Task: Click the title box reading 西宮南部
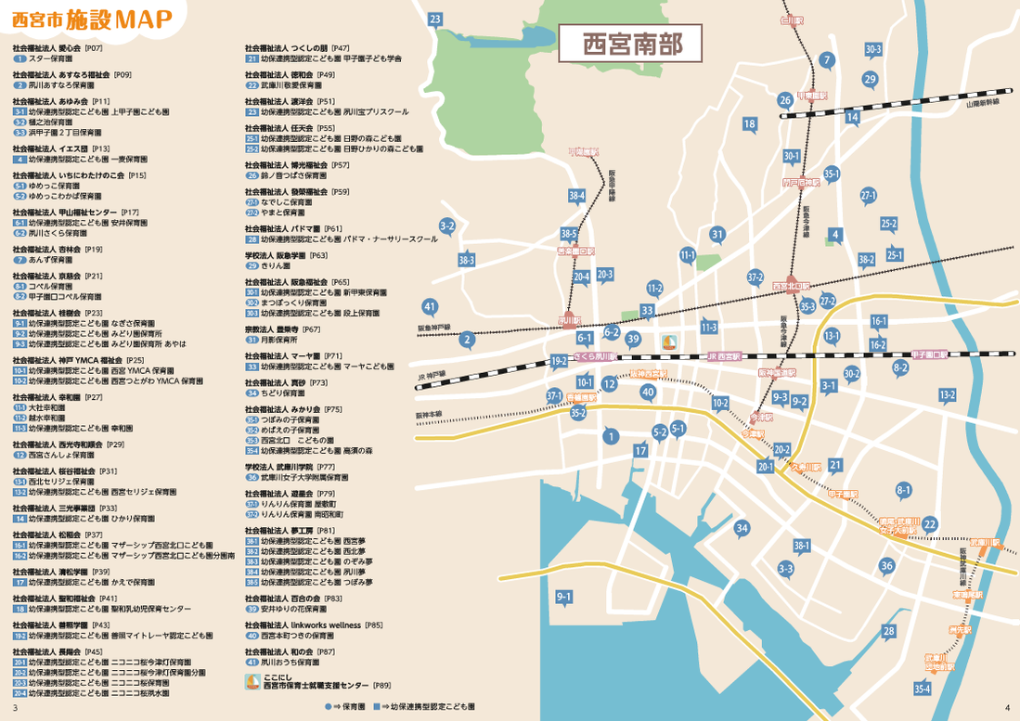629,44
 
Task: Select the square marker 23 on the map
434,19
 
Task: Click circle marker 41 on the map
429,306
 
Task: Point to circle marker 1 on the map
610,435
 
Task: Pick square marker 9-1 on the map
563,596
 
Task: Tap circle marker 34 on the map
742,529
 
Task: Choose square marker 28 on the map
889,632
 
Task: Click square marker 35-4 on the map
922,689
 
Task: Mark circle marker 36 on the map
887,565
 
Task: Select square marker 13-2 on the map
947,395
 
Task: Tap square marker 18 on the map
750,124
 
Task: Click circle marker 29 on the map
870,80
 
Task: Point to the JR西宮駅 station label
724,356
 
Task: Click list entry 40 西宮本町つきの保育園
296,637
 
